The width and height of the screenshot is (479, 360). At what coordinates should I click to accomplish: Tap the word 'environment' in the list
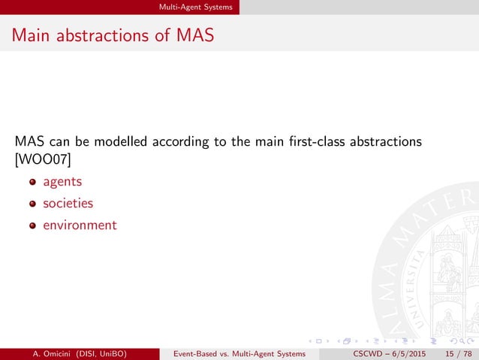pos(80,225)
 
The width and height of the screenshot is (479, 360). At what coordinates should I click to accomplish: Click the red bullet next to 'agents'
pos(32,183)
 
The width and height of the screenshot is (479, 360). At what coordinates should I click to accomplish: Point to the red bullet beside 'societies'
pos(32,204)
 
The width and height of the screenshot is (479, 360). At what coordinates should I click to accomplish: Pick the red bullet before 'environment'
pos(32,225)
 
